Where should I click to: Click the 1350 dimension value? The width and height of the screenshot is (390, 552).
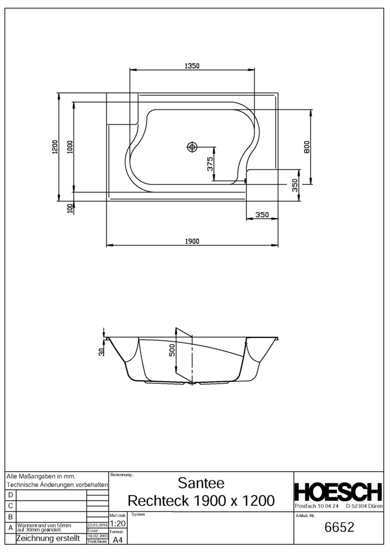point(192,66)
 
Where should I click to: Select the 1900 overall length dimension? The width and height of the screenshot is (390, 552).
point(192,241)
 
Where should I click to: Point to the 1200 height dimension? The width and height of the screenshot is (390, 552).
point(55,147)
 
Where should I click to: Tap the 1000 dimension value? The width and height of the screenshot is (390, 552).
point(70,147)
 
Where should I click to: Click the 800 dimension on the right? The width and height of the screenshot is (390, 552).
point(307,147)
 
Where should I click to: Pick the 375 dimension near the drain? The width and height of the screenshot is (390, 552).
point(210,164)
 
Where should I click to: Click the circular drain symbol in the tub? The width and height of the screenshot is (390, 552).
point(192,147)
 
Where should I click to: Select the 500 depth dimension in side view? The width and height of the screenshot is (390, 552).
point(172,350)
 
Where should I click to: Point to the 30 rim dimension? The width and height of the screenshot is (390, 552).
point(101,351)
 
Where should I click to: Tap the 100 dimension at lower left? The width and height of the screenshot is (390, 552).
point(70,209)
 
